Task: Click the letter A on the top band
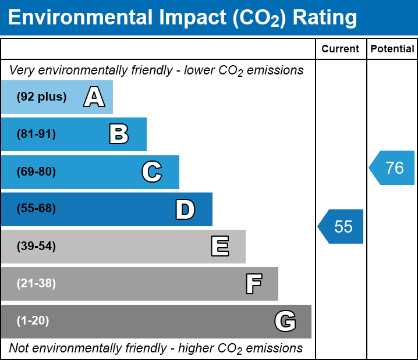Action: click(x=94, y=97)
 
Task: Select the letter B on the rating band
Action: click(x=119, y=134)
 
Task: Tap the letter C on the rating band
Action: click(x=151, y=172)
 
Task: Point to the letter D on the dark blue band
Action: click(x=185, y=209)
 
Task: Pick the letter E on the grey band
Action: click(x=219, y=247)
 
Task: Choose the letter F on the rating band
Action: click(x=253, y=284)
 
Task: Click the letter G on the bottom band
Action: click(x=285, y=321)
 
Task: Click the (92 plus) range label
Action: click(x=41, y=97)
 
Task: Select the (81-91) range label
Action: click(x=36, y=134)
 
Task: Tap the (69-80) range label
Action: click(x=36, y=172)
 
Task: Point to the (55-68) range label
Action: click(x=36, y=209)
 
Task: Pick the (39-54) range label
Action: click(x=36, y=247)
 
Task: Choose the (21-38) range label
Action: click(x=36, y=284)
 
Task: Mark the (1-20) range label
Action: click(x=33, y=321)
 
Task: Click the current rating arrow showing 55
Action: click(x=341, y=226)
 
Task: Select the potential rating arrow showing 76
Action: click(x=392, y=168)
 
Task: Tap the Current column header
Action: click(x=341, y=49)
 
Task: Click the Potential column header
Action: click(x=392, y=49)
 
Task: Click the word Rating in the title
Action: click(x=325, y=18)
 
